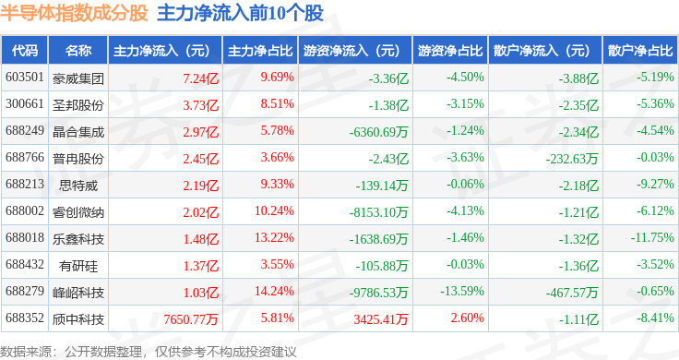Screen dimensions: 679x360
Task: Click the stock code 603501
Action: point(25,78)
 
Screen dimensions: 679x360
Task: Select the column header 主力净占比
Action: point(260,51)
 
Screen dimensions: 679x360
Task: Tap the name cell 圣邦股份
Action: point(78,105)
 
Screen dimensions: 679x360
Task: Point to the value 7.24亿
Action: point(200,78)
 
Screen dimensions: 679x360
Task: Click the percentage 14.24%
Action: point(274,291)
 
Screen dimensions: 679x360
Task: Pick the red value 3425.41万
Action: point(381,319)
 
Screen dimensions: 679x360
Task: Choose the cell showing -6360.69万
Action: point(378,132)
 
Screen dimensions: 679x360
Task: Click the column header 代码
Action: point(25,51)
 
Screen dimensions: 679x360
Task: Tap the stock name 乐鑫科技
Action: point(78,239)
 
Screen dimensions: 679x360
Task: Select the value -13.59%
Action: point(462,291)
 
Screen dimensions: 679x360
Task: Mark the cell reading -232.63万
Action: point(572,159)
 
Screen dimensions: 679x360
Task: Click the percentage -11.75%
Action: point(652,238)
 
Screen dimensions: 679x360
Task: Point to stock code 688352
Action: point(25,318)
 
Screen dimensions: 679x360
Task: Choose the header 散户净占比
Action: point(640,51)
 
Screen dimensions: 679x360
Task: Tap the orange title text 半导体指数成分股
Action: point(74,13)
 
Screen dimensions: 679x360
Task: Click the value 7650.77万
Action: point(191,319)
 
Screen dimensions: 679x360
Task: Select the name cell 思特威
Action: point(78,186)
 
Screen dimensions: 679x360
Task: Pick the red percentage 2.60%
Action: point(467,318)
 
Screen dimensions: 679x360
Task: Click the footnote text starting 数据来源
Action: point(149,352)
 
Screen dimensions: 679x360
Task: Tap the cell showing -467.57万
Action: point(572,293)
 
